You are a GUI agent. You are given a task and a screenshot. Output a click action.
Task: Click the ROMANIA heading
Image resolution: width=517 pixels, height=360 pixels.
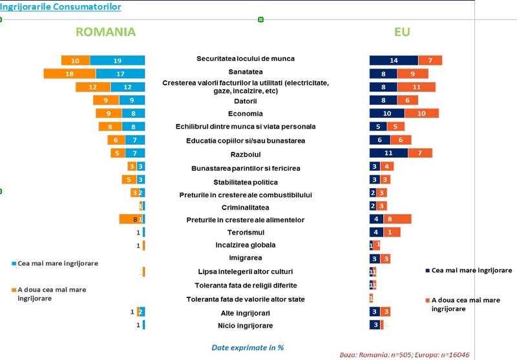pos(105,32)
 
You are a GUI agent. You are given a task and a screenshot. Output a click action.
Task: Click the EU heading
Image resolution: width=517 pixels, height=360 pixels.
pos(402,32)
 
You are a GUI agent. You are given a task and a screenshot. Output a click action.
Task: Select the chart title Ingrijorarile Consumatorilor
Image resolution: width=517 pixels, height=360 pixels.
pos(60,7)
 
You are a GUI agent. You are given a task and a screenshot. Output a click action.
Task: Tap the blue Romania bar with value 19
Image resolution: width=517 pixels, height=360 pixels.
pos(117,60)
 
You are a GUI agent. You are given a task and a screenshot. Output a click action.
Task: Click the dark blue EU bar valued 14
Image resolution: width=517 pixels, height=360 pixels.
pos(393,60)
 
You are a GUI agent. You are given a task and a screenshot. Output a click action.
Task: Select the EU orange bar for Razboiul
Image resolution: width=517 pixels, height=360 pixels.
pos(420,153)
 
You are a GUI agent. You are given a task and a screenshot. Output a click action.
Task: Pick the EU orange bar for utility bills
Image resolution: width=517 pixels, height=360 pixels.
pos(417,87)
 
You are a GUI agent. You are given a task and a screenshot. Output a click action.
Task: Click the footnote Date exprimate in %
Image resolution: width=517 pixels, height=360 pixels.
pos(248,347)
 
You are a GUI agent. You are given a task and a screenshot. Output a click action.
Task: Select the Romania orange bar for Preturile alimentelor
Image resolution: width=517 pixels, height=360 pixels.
pos(129,220)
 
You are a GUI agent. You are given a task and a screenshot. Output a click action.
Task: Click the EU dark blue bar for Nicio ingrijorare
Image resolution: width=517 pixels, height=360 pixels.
pos(375,324)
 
